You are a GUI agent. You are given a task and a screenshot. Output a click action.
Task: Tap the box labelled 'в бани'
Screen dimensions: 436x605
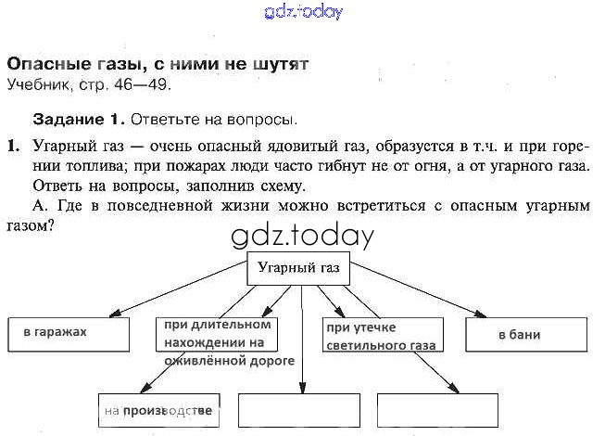tap(525, 335)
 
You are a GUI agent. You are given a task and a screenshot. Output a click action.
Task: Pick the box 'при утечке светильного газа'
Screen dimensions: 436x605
tap(379, 335)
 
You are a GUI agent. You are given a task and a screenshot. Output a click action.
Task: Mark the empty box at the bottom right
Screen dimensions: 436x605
tap(431, 410)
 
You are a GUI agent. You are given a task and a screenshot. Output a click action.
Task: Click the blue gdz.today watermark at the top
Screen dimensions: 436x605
tap(303, 12)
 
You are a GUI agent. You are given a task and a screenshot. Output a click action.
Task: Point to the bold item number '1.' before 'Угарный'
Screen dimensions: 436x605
tap(13, 146)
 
